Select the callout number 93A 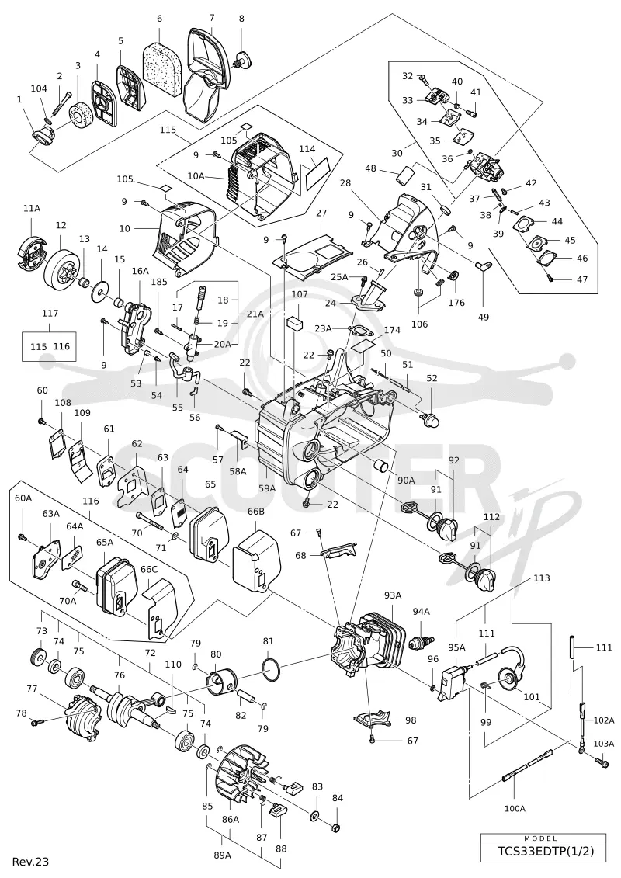[x=392, y=595]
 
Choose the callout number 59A [x=266, y=488]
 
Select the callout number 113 [x=542, y=578]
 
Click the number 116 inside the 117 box [x=61, y=346]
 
